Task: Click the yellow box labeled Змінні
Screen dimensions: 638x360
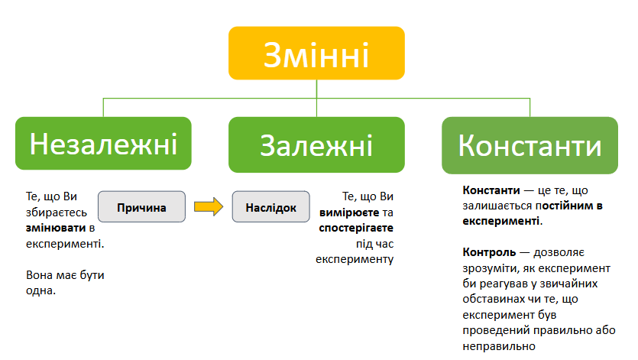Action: pyautogui.click(x=316, y=53)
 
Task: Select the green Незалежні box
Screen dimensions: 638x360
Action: pyautogui.click(x=103, y=144)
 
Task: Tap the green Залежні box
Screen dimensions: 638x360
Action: pyautogui.click(x=316, y=144)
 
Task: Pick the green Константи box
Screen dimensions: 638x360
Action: pyautogui.click(x=530, y=145)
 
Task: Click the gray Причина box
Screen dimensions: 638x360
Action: pyautogui.click(x=141, y=207)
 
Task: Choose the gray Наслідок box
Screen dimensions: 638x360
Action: pyautogui.click(x=271, y=207)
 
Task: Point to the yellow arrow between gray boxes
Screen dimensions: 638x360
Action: pyautogui.click(x=209, y=207)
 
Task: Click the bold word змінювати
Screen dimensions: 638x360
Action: pyautogui.click(x=56, y=228)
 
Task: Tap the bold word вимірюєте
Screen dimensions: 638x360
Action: pyautogui.click(x=349, y=212)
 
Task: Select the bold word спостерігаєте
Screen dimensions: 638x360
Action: pyautogui.click(x=356, y=228)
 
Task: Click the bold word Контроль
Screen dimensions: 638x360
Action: pyautogui.click(x=489, y=252)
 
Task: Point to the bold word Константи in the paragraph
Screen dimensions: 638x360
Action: pyautogui.click(x=491, y=190)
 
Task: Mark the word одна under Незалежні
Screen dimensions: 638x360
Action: pyautogui.click(x=40, y=290)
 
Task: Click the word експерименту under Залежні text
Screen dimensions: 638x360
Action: pyautogui.click(x=355, y=259)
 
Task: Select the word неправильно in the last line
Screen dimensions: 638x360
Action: pyautogui.click(x=499, y=346)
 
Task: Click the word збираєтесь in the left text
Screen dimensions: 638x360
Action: pyautogui.click(x=57, y=212)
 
